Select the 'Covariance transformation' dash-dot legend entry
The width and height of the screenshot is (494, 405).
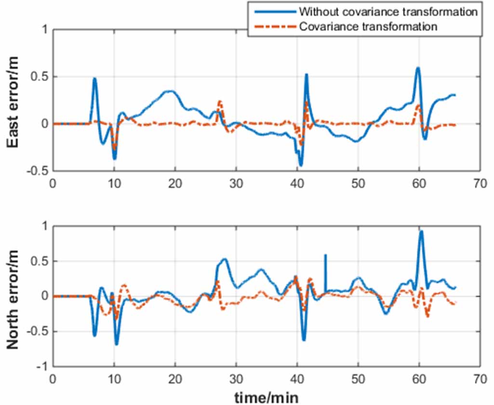[x=368, y=26]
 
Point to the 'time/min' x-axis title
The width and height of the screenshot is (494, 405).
[x=266, y=398]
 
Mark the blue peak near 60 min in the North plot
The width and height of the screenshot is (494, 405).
[x=421, y=231]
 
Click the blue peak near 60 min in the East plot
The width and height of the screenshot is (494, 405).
[x=418, y=68]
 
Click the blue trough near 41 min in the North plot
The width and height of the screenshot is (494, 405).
[x=304, y=340]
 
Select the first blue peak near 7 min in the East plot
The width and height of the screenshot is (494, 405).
[x=95, y=78]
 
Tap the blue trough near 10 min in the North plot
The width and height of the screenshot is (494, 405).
[x=117, y=344]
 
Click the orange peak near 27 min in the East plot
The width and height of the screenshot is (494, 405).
[x=220, y=101]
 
